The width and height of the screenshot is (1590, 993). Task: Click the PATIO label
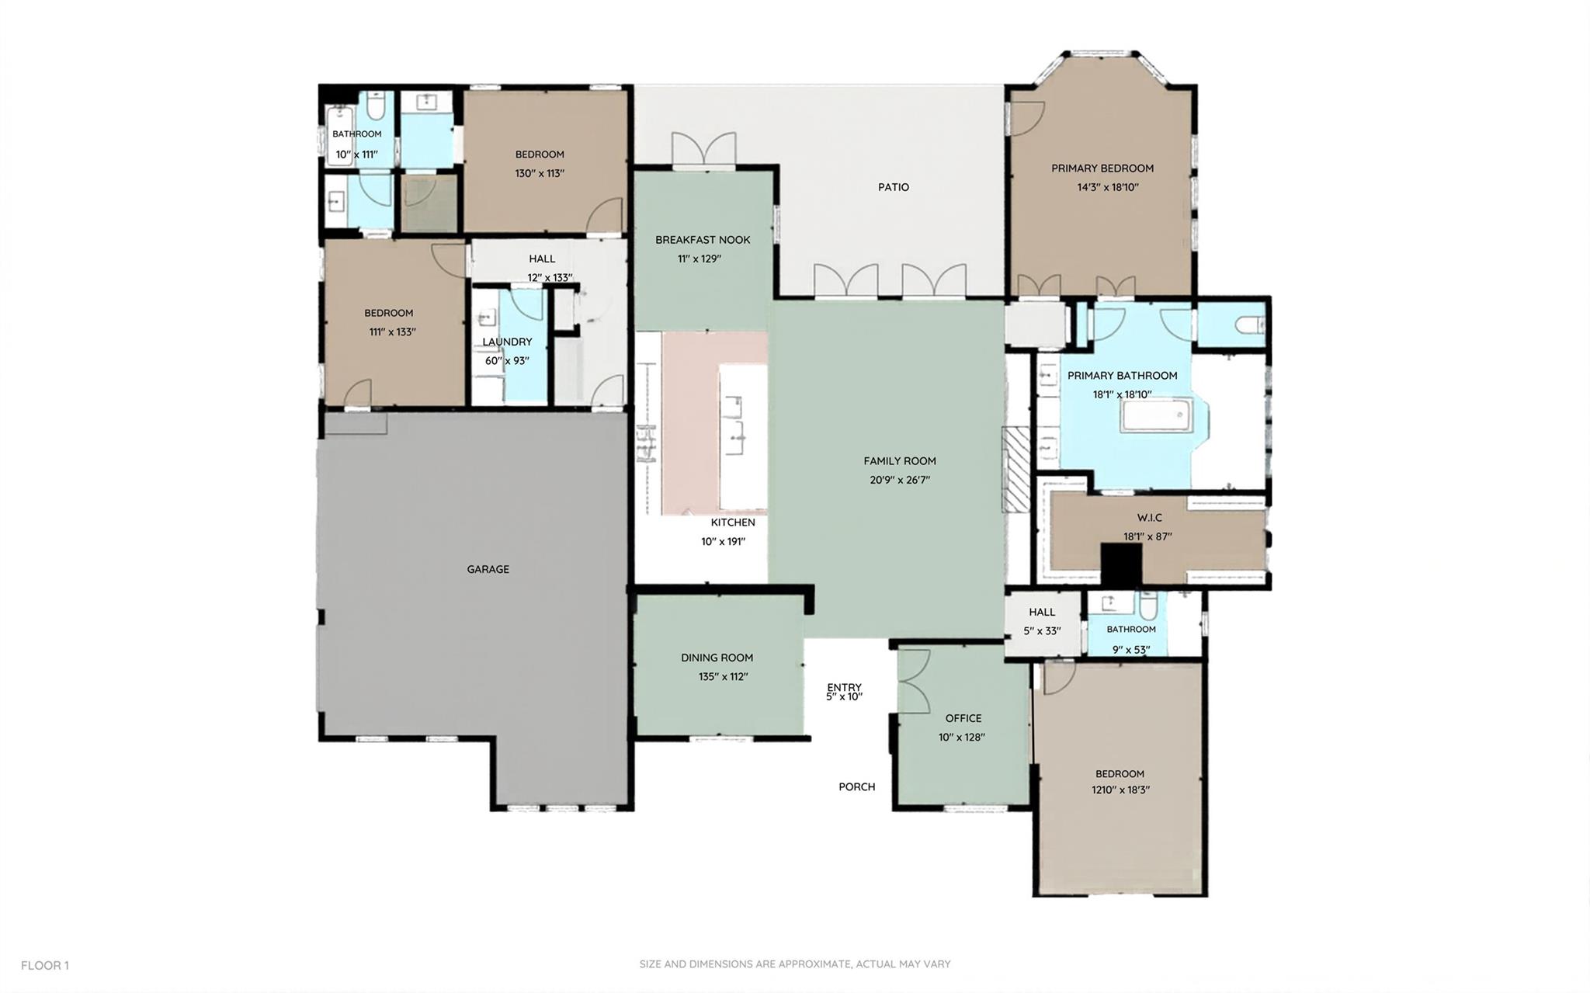(x=893, y=187)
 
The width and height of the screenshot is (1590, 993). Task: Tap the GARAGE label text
(x=488, y=569)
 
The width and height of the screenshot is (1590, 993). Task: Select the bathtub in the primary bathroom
(x=1155, y=415)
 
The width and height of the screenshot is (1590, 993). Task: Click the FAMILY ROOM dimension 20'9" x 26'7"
(x=899, y=480)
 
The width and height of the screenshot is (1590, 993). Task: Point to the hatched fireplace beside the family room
(x=1015, y=469)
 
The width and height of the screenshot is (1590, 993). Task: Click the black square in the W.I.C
(x=1122, y=564)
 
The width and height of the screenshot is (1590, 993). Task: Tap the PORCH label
(x=856, y=786)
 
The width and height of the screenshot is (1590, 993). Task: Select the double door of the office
(x=914, y=681)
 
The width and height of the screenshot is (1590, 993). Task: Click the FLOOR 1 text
(x=44, y=965)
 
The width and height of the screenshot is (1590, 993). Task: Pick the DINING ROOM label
(x=717, y=658)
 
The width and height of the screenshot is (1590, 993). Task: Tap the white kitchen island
(x=742, y=435)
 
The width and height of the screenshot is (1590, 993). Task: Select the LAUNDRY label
(x=507, y=342)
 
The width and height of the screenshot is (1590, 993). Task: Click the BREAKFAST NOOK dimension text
(x=699, y=259)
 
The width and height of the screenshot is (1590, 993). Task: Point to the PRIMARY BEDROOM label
(x=1102, y=168)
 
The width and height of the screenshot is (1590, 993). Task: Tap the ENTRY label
(x=844, y=687)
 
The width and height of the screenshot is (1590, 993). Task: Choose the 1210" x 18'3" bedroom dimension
(x=1120, y=790)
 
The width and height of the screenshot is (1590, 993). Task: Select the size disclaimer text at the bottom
(x=794, y=963)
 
